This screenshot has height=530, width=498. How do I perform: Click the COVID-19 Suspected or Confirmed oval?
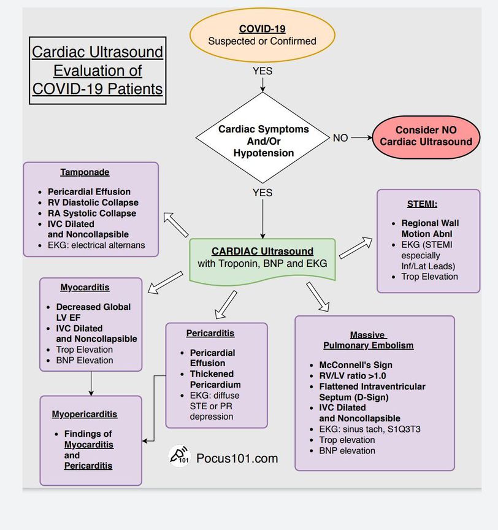tap(262, 35)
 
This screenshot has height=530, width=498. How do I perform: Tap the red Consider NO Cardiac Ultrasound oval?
tap(426, 136)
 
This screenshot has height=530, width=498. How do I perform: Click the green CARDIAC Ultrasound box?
tap(262, 258)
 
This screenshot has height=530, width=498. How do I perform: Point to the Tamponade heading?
tap(85, 172)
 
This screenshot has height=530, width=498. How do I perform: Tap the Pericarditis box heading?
tap(210, 333)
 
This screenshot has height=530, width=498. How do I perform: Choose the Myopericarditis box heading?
tap(85, 414)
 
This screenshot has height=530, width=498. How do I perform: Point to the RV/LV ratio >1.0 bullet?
tap(352, 376)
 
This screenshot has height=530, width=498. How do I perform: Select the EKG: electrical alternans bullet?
tap(96, 245)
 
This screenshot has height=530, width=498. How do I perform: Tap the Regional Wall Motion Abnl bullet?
tap(430, 228)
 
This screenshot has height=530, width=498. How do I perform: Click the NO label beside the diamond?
tap(340, 138)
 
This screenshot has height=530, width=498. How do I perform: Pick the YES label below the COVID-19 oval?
tap(262, 71)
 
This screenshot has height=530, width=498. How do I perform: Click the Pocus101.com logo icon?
tap(179, 458)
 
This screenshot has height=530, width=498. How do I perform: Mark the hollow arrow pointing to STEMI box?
tap(355, 247)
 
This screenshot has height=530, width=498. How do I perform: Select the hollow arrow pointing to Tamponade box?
tap(177, 225)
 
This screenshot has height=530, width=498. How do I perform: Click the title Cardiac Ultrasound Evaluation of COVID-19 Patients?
tap(98, 70)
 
